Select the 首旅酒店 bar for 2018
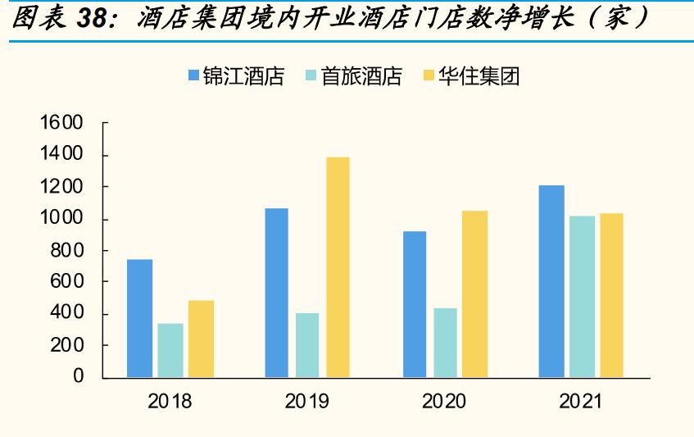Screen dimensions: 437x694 170,350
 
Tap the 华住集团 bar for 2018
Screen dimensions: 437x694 201,339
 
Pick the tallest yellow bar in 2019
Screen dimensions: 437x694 337,267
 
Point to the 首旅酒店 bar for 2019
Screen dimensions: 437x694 307,345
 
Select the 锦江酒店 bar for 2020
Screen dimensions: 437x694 415,304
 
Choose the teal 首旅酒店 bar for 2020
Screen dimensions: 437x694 446,343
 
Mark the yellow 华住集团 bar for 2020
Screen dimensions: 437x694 475,294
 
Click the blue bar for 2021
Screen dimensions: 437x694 551,281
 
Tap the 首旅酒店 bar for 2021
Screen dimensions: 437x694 582,297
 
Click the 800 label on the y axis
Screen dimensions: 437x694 66,250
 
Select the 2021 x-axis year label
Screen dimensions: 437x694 581,402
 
